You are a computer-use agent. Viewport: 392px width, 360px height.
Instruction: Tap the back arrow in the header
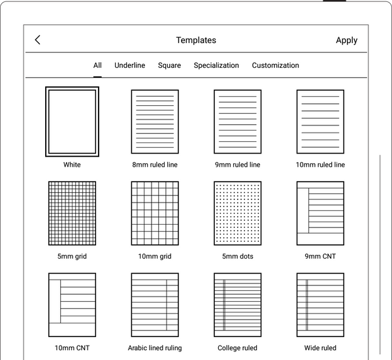coord(37,40)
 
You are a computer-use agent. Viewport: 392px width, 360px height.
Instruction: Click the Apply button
coord(346,40)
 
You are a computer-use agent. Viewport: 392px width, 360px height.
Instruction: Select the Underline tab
coord(130,65)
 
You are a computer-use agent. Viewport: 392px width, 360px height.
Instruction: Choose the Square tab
coord(169,65)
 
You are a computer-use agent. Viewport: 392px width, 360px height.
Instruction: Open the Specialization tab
coord(216,65)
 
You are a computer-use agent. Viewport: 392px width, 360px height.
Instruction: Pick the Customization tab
coord(276,65)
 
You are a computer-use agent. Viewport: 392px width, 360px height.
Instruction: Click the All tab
coord(97,65)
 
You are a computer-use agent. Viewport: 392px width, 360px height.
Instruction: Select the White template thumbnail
coord(72,122)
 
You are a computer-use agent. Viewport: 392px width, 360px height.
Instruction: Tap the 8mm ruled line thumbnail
coord(155,122)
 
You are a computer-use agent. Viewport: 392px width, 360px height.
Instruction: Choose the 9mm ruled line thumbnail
coord(238,122)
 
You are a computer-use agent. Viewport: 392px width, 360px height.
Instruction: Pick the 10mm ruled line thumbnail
coord(320,122)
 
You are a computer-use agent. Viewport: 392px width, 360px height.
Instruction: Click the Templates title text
coord(196,40)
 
